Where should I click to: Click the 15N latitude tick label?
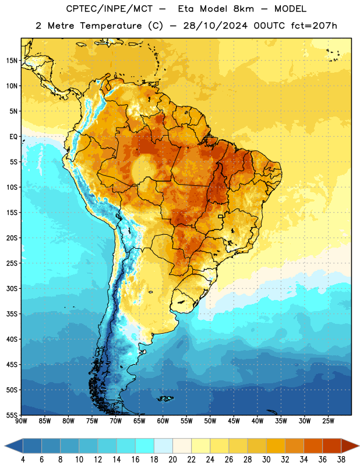(12, 61)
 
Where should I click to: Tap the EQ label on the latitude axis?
(13, 137)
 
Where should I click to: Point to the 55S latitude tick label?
(12, 415)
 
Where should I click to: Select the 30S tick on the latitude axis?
(12, 288)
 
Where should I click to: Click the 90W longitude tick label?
(21, 421)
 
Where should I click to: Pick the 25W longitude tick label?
(328, 421)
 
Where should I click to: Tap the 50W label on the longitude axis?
(210, 421)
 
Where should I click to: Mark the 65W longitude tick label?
(139, 421)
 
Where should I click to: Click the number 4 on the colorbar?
(23, 460)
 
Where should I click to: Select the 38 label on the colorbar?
(341, 460)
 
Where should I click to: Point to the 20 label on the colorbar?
(172, 460)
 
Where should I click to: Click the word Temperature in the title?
(111, 26)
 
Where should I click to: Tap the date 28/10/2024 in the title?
(215, 26)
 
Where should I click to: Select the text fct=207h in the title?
(314, 26)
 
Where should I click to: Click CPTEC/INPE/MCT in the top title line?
(109, 9)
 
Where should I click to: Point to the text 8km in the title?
(243, 9)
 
